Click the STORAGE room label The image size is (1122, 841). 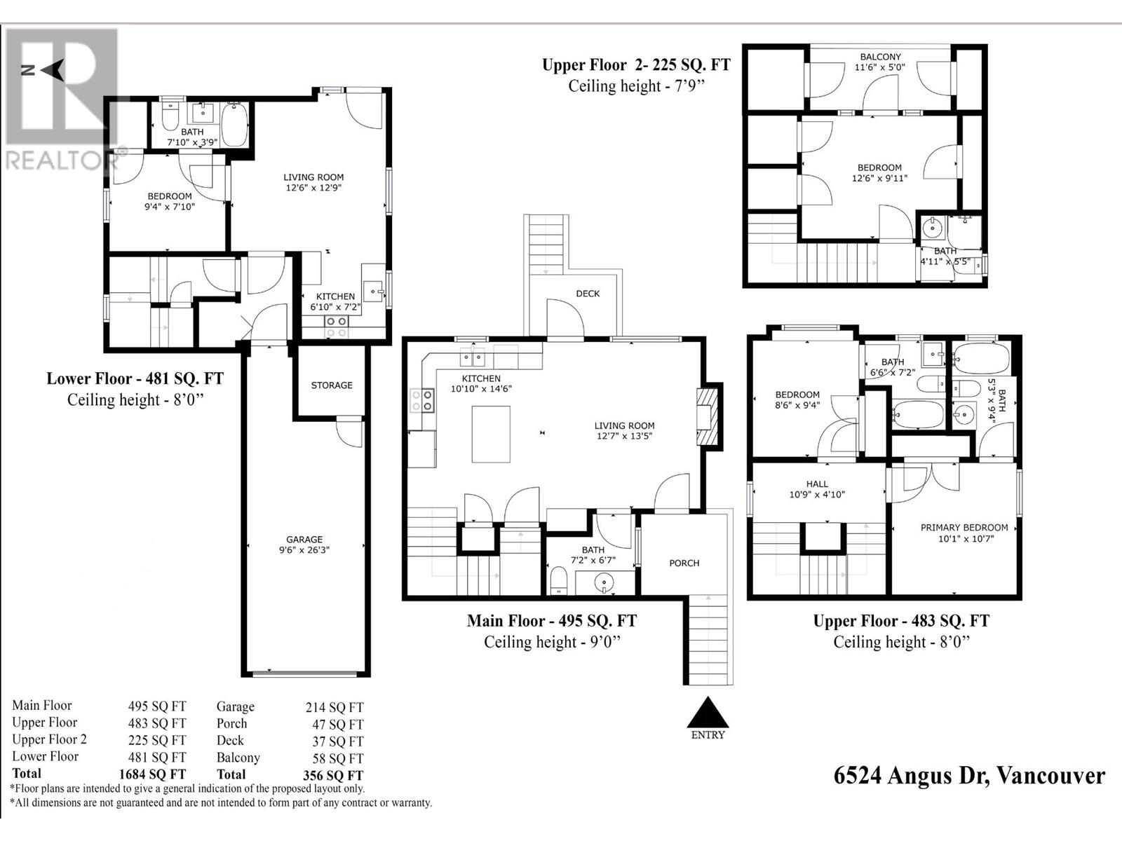click(x=332, y=385)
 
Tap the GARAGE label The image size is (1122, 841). click(x=304, y=539)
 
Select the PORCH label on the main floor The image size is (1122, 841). click(x=684, y=563)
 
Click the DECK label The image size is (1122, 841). click(x=588, y=294)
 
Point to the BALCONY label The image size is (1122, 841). click(x=880, y=57)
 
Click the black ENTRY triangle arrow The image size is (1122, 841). click(x=708, y=712)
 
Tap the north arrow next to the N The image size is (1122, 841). click(x=53, y=70)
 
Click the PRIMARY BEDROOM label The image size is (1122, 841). click(x=964, y=528)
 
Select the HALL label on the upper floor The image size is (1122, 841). click(x=817, y=484)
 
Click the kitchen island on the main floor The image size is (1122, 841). click(x=491, y=434)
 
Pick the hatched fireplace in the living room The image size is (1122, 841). click(x=708, y=416)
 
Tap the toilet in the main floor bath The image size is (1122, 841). click(x=559, y=581)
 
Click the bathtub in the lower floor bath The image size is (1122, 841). click(x=235, y=125)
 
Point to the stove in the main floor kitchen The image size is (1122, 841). click(x=422, y=400)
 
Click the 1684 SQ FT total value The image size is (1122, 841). click(x=152, y=774)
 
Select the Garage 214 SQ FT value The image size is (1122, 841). click(x=334, y=707)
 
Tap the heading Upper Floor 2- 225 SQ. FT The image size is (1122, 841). click(x=636, y=65)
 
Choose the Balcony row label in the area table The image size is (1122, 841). click(x=238, y=758)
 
